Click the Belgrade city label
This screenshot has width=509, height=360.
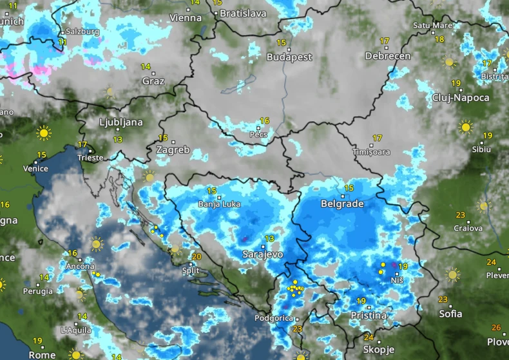click(342, 204)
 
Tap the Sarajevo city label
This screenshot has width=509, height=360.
click(262, 254)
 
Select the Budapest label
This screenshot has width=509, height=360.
click(289, 57)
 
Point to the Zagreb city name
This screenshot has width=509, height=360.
click(173, 150)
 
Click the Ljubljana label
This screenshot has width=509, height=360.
click(121, 122)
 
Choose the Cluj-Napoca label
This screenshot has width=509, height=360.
click(461, 98)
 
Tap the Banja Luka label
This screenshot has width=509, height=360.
click(219, 204)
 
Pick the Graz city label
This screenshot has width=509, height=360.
click(153, 81)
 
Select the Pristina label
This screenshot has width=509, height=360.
click(369, 316)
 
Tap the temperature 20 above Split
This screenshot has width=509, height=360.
click(197, 256)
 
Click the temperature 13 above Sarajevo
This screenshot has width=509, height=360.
click(269, 239)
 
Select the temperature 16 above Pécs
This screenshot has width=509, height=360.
click(264, 120)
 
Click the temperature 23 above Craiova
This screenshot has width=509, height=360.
click(460, 215)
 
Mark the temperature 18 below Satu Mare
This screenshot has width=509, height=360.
click(439, 39)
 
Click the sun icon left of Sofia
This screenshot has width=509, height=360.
click(453, 275)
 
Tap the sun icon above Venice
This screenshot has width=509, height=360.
click(44, 133)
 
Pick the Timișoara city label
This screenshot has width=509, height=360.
click(372, 152)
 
